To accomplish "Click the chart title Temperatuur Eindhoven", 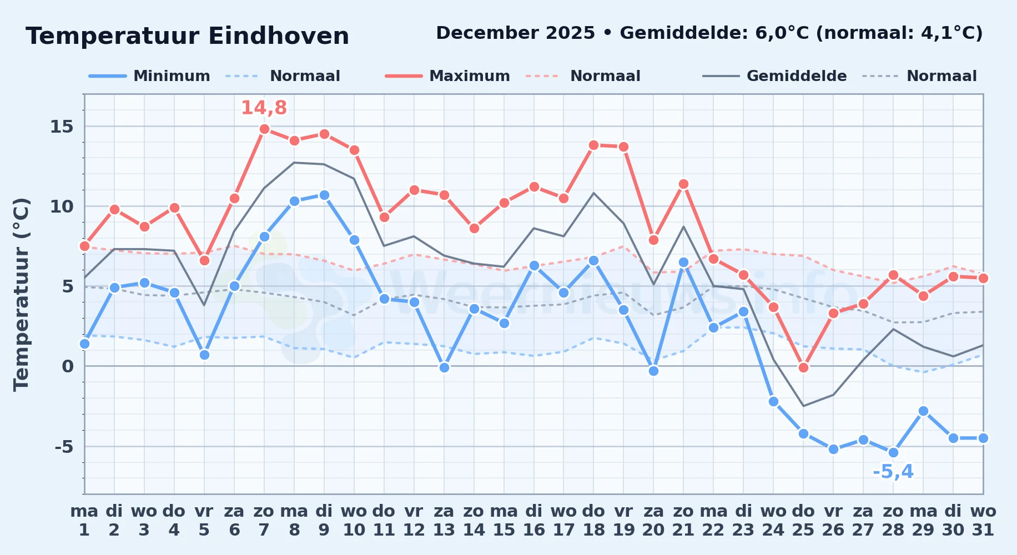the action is coord(187,36).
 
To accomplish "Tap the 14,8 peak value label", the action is coord(264,108).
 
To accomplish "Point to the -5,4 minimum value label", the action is coord(893,472).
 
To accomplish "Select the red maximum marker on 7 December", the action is coord(264,129).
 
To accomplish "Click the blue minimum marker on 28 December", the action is coord(893,452).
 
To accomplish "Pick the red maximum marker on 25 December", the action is coord(803,367).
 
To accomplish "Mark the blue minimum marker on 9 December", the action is coord(324,195).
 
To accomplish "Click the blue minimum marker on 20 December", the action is coord(653,371).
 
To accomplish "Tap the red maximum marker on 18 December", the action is coord(593,145).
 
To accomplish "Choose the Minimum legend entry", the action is coord(149,76).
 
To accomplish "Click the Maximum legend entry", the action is coord(447,76).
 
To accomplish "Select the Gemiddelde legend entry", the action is coord(774,76).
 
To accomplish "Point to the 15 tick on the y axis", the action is coord(62,127).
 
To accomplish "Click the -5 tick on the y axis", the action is coord(64,446).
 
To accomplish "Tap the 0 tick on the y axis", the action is coord(68,366).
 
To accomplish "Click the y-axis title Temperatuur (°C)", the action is coord(21,294).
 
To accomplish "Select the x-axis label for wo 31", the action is coord(983,521).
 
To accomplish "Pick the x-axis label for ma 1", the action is coord(84,521).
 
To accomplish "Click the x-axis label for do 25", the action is coord(803,521).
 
